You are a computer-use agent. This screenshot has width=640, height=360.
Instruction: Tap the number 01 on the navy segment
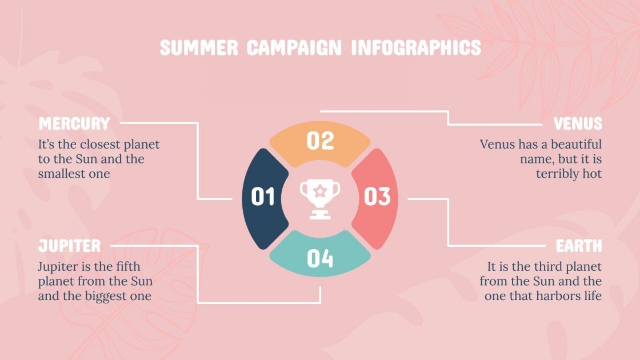tap(263, 197)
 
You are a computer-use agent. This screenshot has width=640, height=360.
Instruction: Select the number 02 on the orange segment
tap(320, 141)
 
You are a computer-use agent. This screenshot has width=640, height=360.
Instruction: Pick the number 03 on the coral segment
tap(377, 197)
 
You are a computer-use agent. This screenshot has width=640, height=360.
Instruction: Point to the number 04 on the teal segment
tap(320, 259)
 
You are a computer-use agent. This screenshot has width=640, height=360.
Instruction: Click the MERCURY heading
tap(74, 123)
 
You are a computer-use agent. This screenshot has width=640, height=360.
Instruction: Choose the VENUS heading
tap(578, 123)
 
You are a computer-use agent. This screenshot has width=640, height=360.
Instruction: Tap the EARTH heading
tap(579, 246)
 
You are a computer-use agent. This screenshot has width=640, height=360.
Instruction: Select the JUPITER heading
tap(70, 246)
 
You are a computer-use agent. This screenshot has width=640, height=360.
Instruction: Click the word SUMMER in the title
tap(199, 48)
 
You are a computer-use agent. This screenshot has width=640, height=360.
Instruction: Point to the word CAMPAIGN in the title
tap(294, 48)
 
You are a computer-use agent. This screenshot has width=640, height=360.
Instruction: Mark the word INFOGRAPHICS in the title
tap(416, 48)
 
